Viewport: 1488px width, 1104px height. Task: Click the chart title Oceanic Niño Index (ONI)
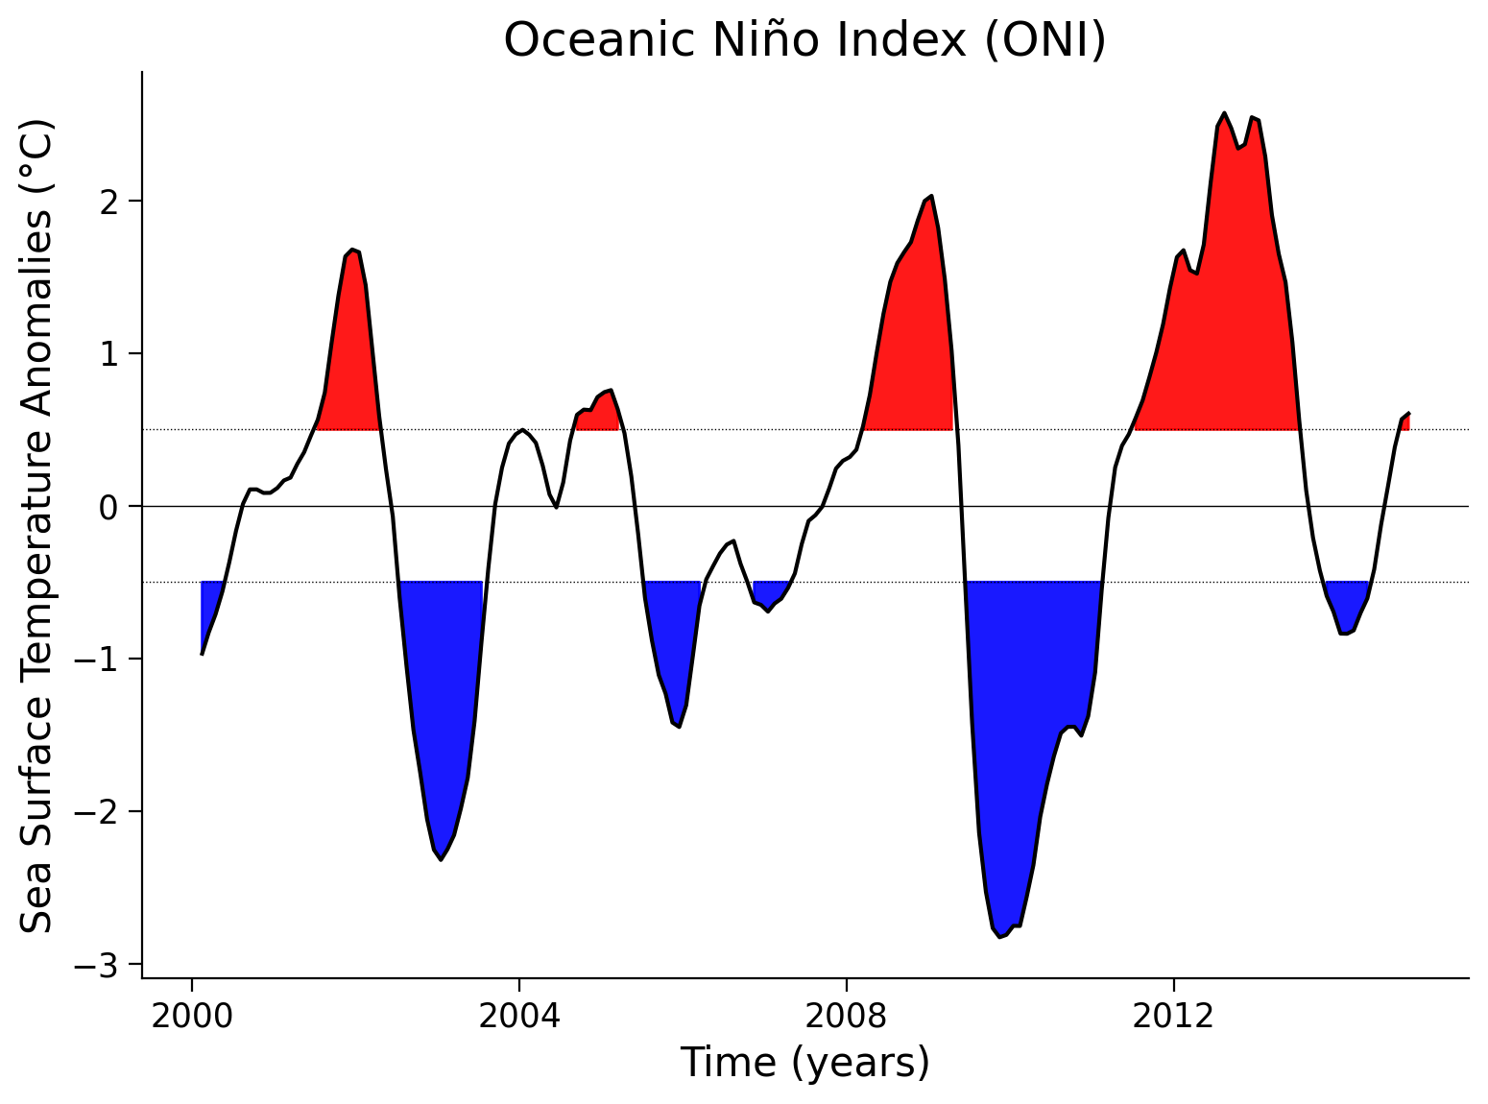point(804,40)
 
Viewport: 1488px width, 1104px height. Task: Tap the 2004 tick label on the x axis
point(518,1016)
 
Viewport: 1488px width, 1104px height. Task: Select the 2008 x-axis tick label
point(846,1016)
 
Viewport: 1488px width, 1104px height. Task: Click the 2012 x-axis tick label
point(1173,1016)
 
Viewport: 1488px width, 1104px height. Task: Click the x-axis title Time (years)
point(804,1063)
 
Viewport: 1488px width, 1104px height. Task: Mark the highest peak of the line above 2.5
point(1223,113)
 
